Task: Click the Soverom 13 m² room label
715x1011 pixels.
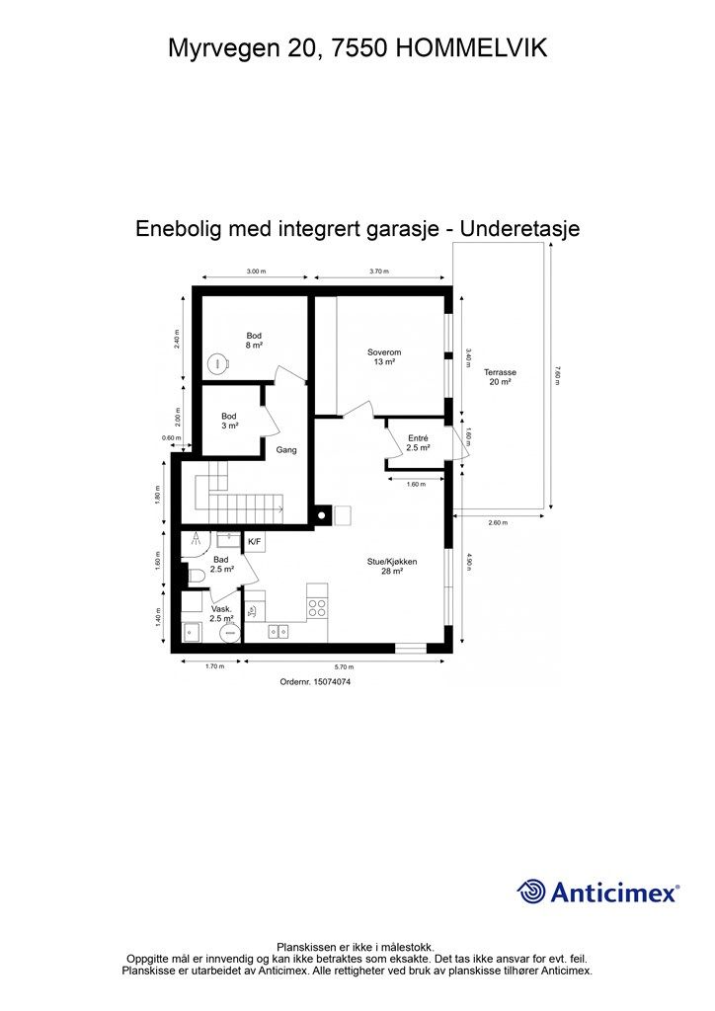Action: pyautogui.click(x=384, y=357)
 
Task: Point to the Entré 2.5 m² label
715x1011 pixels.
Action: pyautogui.click(x=418, y=442)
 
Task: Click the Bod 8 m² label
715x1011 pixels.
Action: pyautogui.click(x=254, y=341)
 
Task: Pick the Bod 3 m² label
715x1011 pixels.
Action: pyautogui.click(x=229, y=421)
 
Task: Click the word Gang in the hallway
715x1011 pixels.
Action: pyautogui.click(x=287, y=449)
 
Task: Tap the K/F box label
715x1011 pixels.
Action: pyautogui.click(x=255, y=542)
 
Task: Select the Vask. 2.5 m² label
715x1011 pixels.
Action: pyautogui.click(x=221, y=614)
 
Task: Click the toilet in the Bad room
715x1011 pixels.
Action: pyautogui.click(x=194, y=574)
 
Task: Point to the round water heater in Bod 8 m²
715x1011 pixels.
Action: pyautogui.click(x=217, y=363)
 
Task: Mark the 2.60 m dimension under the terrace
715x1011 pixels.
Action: pyautogui.click(x=498, y=521)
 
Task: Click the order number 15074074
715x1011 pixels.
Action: pyautogui.click(x=316, y=681)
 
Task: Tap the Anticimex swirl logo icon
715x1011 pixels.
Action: pyautogui.click(x=532, y=892)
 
